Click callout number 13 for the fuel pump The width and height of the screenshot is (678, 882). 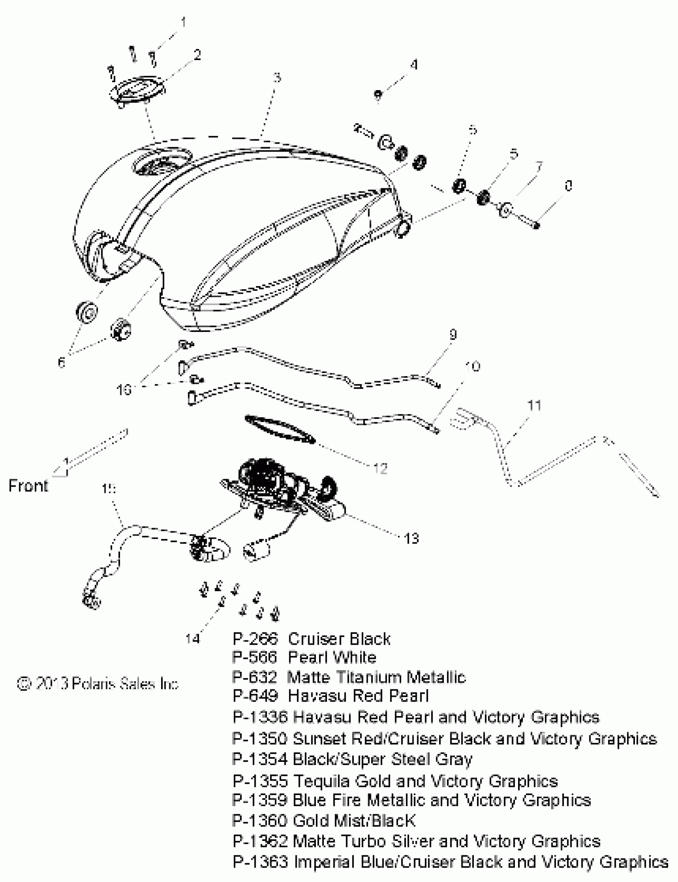411,539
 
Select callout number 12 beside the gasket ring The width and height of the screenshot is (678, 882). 380,468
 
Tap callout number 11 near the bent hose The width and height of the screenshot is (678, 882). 534,405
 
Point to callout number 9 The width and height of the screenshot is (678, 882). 453,335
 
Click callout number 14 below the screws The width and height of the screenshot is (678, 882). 193,639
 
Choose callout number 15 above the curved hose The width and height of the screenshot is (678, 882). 108,489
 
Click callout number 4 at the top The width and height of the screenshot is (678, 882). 414,65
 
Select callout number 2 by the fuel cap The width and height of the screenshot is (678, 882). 197,55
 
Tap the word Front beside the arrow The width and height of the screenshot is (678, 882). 28,485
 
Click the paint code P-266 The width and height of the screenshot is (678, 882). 255,639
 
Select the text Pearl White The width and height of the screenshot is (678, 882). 332,657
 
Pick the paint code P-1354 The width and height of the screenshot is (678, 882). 260,759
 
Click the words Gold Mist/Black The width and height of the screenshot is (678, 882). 353,821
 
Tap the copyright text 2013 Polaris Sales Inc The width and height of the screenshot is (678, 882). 98,684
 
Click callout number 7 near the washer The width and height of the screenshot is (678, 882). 539,166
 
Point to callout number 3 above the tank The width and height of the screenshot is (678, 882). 277,77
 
